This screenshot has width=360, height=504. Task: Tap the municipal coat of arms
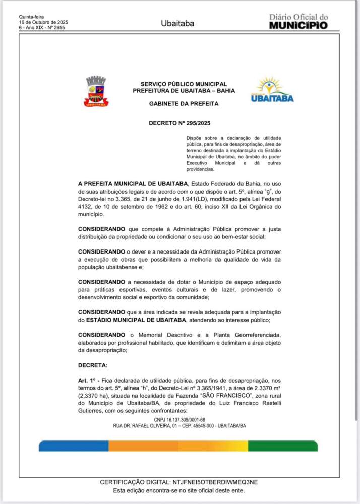tap(96, 91)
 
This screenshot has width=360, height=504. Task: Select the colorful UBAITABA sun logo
tap(272, 90)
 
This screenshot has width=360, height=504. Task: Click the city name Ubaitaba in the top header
tap(177, 23)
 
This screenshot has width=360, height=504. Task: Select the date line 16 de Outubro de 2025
tap(43, 22)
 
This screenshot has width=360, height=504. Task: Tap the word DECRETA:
tap(93, 364)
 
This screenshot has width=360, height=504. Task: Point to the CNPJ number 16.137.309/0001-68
tap(179, 419)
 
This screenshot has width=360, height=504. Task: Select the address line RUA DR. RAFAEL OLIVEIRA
tap(179, 426)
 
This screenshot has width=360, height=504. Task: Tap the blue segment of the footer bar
tap(73, 446)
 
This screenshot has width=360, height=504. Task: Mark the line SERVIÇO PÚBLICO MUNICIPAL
tap(184, 84)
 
